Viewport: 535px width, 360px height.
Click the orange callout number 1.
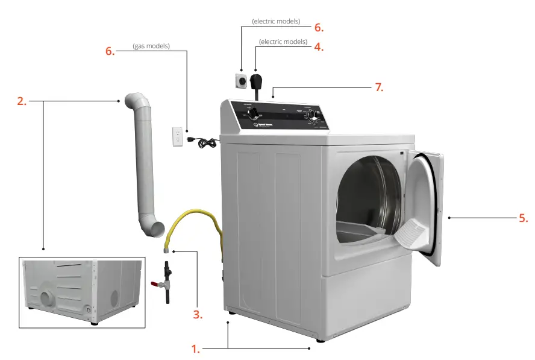(195, 349)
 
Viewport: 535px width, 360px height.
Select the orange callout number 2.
(22, 101)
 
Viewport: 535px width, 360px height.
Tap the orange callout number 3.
(198, 314)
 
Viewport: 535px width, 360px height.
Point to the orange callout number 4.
(319, 46)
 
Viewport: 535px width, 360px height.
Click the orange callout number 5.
(524, 218)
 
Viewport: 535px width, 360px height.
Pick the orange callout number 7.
(379, 87)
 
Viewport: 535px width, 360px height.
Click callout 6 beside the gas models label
(110, 51)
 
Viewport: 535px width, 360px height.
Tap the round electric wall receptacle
(240, 80)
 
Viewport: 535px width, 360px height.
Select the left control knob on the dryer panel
(255, 113)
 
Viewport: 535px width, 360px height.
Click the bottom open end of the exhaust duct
(156, 229)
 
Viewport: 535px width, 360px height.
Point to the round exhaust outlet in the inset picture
(46, 298)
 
